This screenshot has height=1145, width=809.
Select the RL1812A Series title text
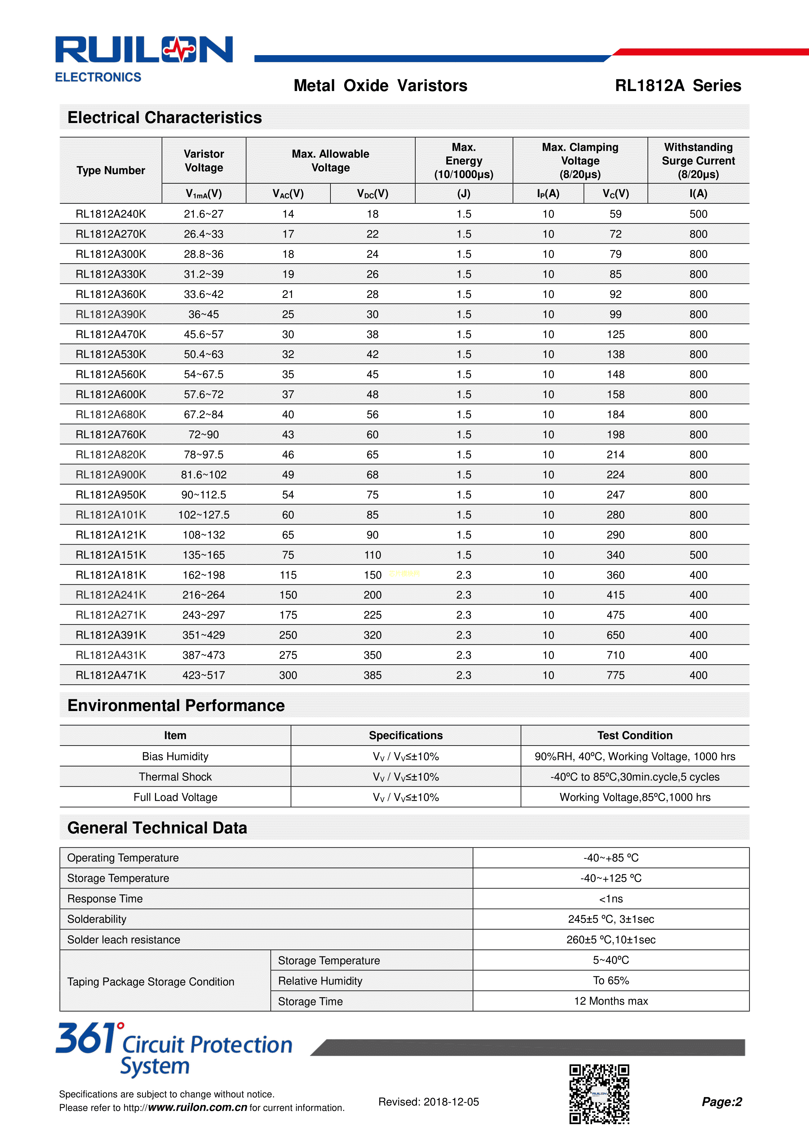point(678,86)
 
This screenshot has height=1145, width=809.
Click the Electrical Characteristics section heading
point(164,118)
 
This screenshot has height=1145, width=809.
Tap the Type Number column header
point(111,171)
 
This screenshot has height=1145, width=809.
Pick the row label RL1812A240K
point(111,214)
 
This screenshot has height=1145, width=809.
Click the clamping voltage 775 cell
point(615,675)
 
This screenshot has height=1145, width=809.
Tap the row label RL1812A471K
point(111,675)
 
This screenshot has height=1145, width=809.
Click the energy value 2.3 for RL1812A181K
point(464,575)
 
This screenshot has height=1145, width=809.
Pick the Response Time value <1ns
point(611,899)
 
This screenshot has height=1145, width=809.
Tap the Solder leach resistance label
point(124,939)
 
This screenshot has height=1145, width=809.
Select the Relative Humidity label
point(320,981)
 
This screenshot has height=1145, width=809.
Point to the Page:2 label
point(721,1102)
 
